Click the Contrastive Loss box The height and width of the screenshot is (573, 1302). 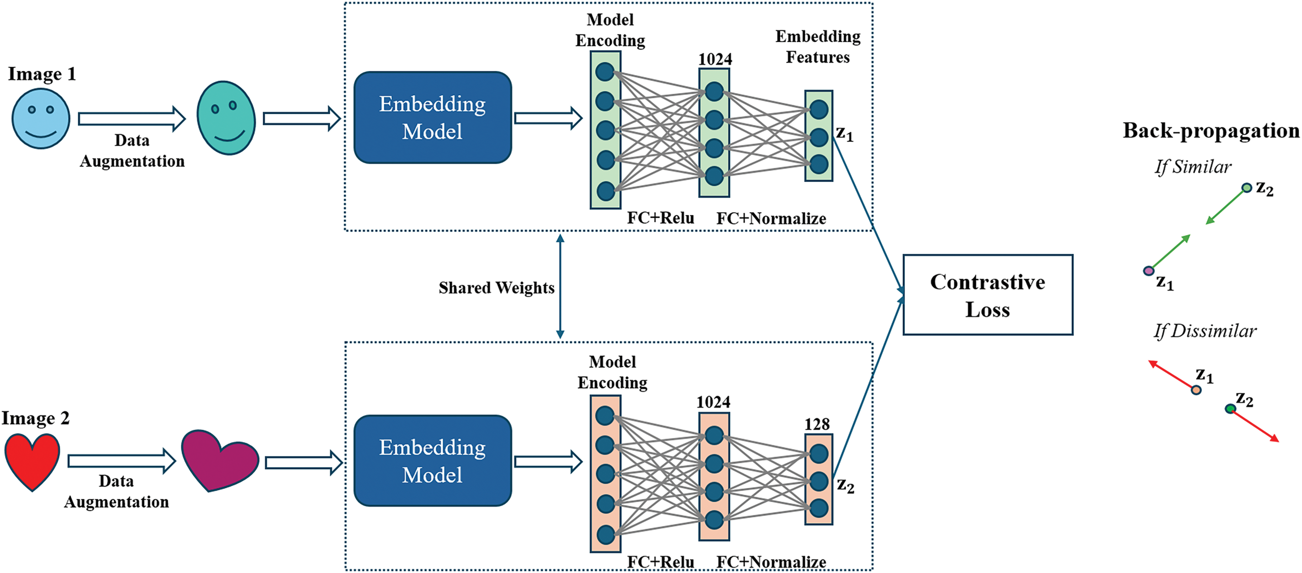coord(987,295)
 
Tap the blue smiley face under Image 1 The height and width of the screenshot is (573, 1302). coord(41,119)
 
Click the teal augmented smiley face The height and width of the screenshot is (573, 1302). coord(226,118)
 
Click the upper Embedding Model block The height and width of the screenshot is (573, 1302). coord(432,118)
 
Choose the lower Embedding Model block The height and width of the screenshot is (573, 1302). coord(432,461)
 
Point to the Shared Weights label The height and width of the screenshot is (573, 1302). coord(496,288)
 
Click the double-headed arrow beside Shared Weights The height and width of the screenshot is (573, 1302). coord(560,286)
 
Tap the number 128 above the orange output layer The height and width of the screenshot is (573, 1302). coord(817,424)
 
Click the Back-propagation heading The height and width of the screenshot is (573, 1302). coord(1211,130)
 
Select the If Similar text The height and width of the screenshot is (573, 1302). coord(1193,167)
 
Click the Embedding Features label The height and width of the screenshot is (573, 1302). coord(818,47)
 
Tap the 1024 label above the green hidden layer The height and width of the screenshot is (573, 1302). coord(715,59)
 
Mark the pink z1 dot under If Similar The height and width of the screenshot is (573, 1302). coord(1149,271)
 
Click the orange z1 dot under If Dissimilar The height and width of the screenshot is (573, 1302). coord(1196,390)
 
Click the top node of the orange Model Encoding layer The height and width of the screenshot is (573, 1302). coord(605,416)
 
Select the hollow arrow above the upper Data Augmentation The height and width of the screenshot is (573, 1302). coord(132,119)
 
